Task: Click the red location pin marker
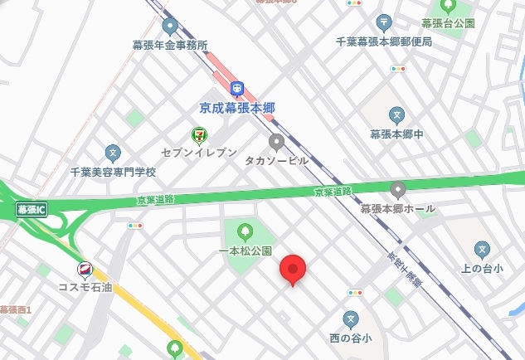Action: click(x=292, y=270)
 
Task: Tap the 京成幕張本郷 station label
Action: click(x=237, y=107)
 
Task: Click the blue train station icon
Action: click(x=237, y=87)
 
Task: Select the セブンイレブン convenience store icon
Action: click(x=199, y=134)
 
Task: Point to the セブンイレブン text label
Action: click(x=199, y=153)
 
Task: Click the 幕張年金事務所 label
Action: click(x=170, y=45)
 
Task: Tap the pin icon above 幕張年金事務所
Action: click(x=170, y=26)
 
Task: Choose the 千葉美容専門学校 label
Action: click(x=113, y=172)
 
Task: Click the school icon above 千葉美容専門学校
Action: click(x=113, y=153)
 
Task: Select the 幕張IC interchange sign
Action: click(x=32, y=209)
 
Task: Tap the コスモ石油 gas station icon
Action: click(x=85, y=270)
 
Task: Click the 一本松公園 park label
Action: click(x=245, y=250)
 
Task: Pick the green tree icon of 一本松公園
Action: click(x=245, y=231)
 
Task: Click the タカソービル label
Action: click(x=276, y=160)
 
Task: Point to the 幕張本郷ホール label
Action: click(x=397, y=208)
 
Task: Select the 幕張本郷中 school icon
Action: click(x=397, y=114)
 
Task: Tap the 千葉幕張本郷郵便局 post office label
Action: click(x=384, y=41)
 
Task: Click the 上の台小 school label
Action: click(x=482, y=268)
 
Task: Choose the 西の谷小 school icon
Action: click(x=351, y=319)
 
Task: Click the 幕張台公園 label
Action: click(x=448, y=23)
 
